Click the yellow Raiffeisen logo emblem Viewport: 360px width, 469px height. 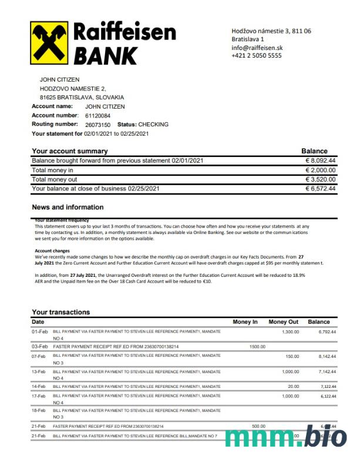(x=50, y=43)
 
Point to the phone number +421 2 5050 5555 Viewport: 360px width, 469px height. (x=257, y=55)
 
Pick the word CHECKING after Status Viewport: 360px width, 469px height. (x=153, y=125)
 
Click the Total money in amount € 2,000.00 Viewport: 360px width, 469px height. (x=320, y=170)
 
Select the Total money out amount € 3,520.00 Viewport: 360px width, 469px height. (x=320, y=179)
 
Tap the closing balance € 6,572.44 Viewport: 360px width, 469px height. (x=320, y=189)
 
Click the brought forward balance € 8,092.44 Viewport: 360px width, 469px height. (x=320, y=160)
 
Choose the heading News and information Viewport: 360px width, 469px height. (x=68, y=207)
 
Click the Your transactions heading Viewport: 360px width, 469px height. (x=61, y=312)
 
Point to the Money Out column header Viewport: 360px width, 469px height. (x=284, y=322)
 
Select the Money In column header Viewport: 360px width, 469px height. (x=245, y=322)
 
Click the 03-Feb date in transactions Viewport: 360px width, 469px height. (x=40, y=347)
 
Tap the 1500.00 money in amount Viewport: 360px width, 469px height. (x=257, y=347)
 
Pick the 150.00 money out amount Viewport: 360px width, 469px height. (x=292, y=357)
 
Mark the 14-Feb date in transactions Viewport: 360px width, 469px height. (x=39, y=386)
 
